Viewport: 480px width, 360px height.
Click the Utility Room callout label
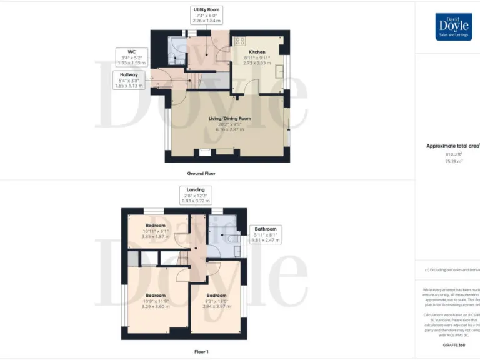tap(206, 16)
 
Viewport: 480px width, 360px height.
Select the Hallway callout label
tap(130, 79)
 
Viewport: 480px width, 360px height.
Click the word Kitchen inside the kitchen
tap(257, 52)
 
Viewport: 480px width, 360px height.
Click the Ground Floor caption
tap(201, 173)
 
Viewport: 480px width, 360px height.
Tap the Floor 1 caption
tap(201, 352)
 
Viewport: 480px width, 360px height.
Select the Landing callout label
tap(196, 194)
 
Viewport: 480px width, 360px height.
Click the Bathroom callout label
tap(264, 234)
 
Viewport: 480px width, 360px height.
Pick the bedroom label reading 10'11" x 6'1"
tap(156, 231)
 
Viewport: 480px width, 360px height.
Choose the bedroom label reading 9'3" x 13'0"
tap(216, 301)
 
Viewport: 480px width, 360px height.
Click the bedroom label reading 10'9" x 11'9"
tap(156, 301)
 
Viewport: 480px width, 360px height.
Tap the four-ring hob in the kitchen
tap(239, 41)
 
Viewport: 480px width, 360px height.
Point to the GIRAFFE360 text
tap(453, 344)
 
